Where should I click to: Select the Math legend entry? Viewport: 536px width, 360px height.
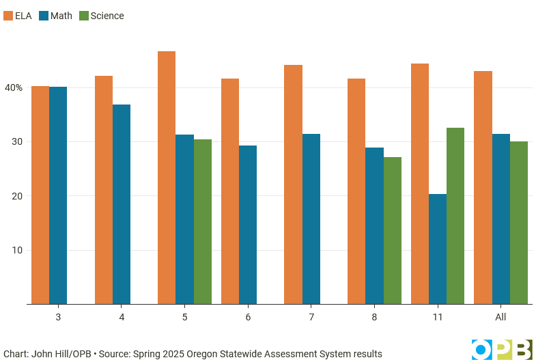[x=55, y=16]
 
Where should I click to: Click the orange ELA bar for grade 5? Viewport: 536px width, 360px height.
[x=167, y=178]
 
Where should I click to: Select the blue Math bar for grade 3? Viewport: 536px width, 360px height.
[x=58, y=195]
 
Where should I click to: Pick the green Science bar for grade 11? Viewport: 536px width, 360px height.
[x=455, y=216]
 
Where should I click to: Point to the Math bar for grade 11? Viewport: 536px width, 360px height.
[x=438, y=249]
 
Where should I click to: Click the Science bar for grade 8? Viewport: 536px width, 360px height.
[x=393, y=231]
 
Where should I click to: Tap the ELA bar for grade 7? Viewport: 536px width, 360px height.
[x=293, y=184]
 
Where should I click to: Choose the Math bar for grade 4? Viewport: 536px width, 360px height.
[x=122, y=204]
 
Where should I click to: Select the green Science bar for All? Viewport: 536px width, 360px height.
[x=519, y=223]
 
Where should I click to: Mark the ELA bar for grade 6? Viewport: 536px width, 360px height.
[x=230, y=191]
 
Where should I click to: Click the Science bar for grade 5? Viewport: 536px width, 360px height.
[x=203, y=222]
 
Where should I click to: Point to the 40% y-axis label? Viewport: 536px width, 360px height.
[x=14, y=87]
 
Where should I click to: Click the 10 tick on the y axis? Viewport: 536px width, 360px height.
[x=16, y=250]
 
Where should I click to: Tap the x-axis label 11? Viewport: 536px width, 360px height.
[x=438, y=317]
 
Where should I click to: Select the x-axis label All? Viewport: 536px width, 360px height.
[x=500, y=317]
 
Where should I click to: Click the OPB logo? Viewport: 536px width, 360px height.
[x=502, y=348]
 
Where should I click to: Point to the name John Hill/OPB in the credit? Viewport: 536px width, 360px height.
[x=61, y=354]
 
